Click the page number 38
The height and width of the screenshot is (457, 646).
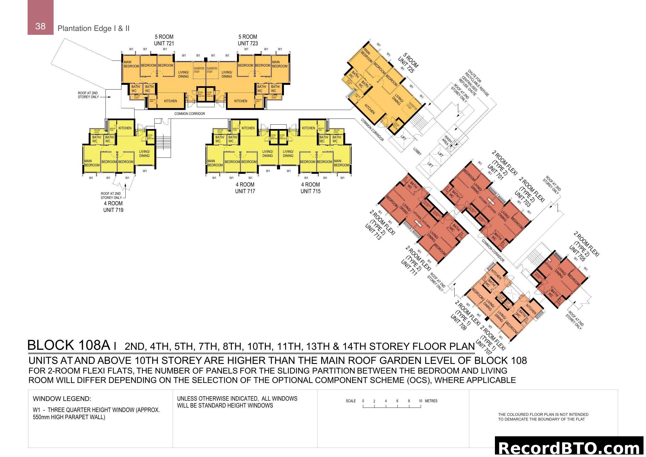pyautogui.click(x=40, y=26)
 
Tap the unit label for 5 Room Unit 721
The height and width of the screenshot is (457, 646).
pyautogui.click(x=164, y=40)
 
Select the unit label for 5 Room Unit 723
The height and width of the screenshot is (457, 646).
pyautogui.click(x=247, y=40)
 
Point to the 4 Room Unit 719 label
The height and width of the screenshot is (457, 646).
pyautogui.click(x=113, y=207)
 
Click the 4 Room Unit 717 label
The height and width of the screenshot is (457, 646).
pyautogui.click(x=245, y=188)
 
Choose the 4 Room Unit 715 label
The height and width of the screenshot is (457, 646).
pyautogui.click(x=310, y=188)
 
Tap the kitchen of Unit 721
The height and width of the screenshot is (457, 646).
pyautogui.click(x=170, y=101)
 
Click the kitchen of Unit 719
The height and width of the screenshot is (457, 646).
pyautogui.click(x=125, y=128)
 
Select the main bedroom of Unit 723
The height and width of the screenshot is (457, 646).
pyautogui.click(x=280, y=64)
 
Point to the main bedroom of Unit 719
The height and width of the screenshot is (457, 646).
pyautogui.click(x=92, y=163)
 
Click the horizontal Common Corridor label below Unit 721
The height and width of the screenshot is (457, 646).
pyautogui.click(x=189, y=114)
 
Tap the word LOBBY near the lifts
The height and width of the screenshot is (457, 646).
pyautogui.click(x=417, y=151)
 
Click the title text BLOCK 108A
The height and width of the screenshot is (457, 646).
pyautogui.click(x=69, y=345)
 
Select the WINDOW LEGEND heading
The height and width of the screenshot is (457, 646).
pyautogui.click(x=62, y=399)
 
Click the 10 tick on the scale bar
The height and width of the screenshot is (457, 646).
pyautogui.click(x=420, y=401)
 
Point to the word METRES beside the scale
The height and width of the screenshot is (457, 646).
pyautogui.click(x=431, y=401)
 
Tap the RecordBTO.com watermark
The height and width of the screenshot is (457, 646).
pyautogui.click(x=570, y=448)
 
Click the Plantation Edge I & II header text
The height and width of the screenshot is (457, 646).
pyautogui.click(x=93, y=28)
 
